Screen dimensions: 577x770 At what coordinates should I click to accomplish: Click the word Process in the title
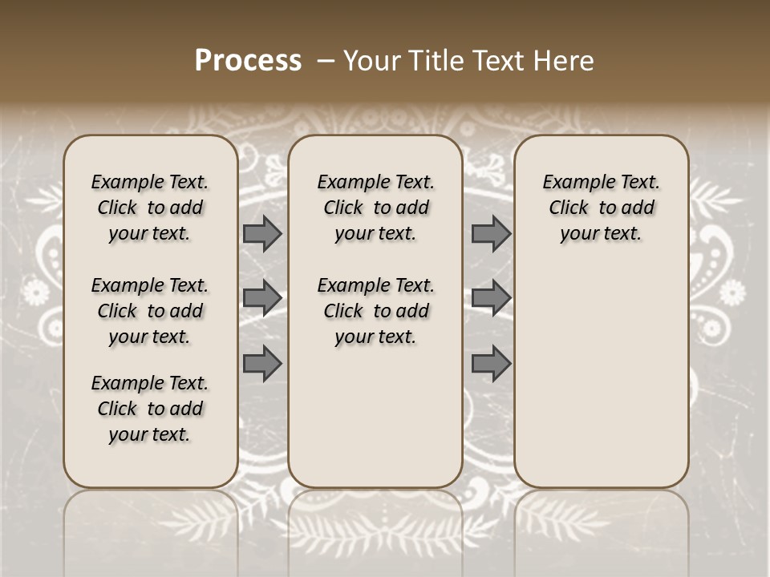pos(248,60)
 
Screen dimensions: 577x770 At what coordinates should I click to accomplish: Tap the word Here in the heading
pos(562,61)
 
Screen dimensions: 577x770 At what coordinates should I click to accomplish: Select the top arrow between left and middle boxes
pos(262,233)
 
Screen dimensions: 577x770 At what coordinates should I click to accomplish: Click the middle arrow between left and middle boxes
pos(262,298)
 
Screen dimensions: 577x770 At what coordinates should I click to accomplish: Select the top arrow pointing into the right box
pos(491,233)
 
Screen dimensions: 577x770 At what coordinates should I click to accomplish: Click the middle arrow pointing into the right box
pos(491,298)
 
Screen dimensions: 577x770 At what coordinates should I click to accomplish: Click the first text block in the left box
pos(150,208)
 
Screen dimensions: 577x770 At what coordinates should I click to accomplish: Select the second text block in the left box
pos(150,311)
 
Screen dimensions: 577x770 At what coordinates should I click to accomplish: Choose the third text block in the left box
pos(150,409)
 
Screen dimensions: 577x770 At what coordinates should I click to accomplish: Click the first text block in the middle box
pos(375,208)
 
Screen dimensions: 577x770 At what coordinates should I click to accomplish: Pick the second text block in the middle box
pos(375,311)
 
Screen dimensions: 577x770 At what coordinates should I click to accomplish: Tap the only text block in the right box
pos(602,208)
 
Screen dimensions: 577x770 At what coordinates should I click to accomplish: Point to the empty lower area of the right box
pos(602,377)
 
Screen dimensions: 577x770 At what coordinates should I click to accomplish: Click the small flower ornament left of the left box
pos(35,293)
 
